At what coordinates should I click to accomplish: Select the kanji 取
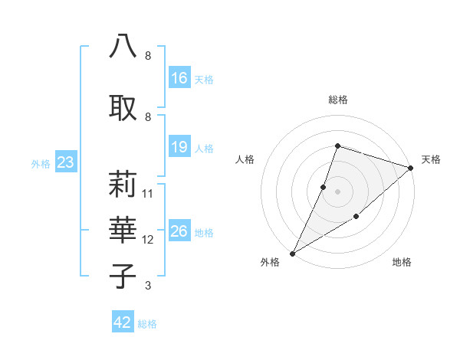tap(123, 105)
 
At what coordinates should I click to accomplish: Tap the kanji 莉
tap(123, 183)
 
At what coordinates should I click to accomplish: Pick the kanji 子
tap(123, 275)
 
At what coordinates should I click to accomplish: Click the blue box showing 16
tap(179, 78)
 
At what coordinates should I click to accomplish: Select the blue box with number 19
tap(179, 147)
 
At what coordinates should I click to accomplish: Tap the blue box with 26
tap(179, 231)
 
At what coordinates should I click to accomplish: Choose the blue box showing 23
tap(65, 162)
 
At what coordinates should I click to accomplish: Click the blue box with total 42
tap(123, 322)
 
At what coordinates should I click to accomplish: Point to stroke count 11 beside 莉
tap(148, 193)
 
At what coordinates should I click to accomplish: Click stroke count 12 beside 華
tap(148, 240)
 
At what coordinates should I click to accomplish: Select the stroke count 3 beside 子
tap(148, 286)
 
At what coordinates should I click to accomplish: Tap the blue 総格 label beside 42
tap(147, 324)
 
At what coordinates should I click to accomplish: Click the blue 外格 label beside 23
tap(40, 164)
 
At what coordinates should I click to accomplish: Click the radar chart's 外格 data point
tap(292, 253)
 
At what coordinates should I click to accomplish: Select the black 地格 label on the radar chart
tap(402, 263)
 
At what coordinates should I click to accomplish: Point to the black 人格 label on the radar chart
tap(245, 159)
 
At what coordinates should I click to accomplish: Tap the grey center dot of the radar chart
tap(337, 191)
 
